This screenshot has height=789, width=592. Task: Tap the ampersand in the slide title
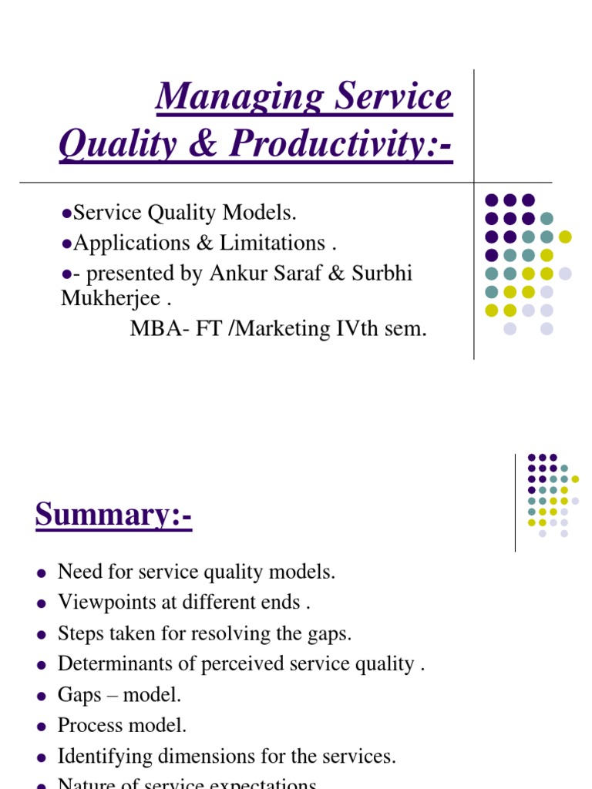coord(202,144)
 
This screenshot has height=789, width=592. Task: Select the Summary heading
coord(113,514)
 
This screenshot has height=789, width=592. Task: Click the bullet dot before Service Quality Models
coord(66,213)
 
